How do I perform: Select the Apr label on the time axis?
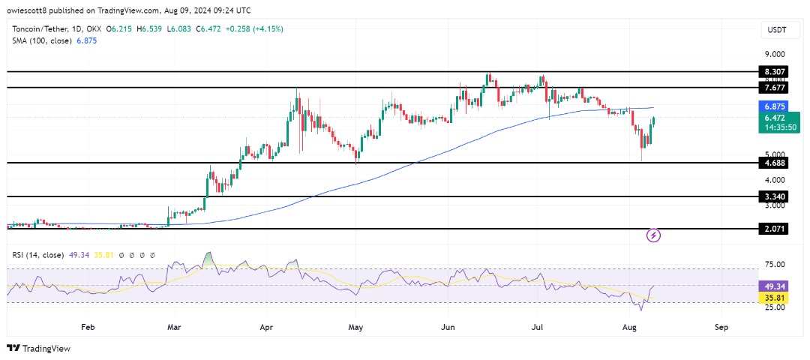266,327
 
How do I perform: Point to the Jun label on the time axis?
448,327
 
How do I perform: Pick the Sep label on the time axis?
721,327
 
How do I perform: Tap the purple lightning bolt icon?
653,235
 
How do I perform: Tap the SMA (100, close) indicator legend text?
43,40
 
